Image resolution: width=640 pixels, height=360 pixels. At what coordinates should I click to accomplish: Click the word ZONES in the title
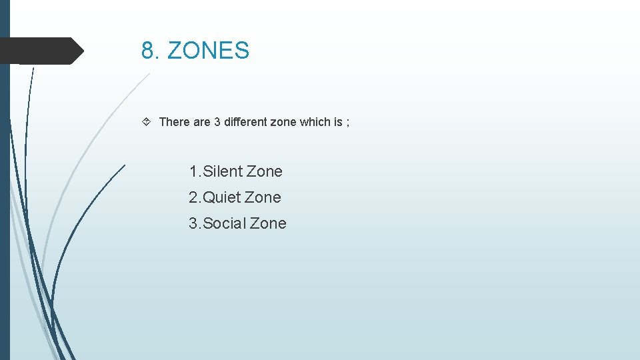click(208, 51)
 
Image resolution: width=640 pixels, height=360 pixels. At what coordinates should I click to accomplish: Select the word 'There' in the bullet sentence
click(175, 122)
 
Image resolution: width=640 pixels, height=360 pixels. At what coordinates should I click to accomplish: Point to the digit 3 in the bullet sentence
click(217, 122)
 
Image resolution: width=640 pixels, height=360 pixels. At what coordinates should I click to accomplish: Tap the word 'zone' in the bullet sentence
click(282, 122)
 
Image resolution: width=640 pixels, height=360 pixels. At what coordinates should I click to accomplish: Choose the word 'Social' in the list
click(224, 223)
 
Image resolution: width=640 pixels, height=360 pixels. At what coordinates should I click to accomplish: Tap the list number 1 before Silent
click(193, 171)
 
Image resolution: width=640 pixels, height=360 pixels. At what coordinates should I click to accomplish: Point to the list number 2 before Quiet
click(193, 197)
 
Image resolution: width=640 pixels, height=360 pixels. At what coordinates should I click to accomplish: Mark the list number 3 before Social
click(193, 223)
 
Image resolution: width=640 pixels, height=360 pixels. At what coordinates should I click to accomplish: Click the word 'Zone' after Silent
click(265, 171)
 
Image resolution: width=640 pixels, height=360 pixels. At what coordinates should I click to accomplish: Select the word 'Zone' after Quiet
click(263, 197)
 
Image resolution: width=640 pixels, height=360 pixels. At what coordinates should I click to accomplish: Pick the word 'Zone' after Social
click(269, 223)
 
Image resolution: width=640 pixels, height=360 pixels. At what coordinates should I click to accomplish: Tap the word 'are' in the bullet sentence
click(202, 122)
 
